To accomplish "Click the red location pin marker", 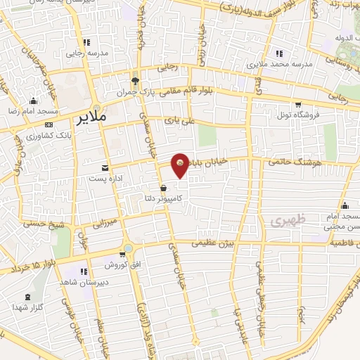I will pyautogui.click(x=181, y=165).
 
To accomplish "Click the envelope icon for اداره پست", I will pyautogui.click(x=105, y=167).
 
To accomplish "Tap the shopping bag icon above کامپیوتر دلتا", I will pyautogui.click(x=163, y=188).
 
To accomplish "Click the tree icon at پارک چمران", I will pyautogui.click(x=145, y=81).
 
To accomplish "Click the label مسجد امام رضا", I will pyautogui.click(x=24, y=112).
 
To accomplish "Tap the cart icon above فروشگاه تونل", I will pyautogui.click(x=304, y=103).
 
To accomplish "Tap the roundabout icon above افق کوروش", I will pyautogui.click(x=127, y=249).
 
